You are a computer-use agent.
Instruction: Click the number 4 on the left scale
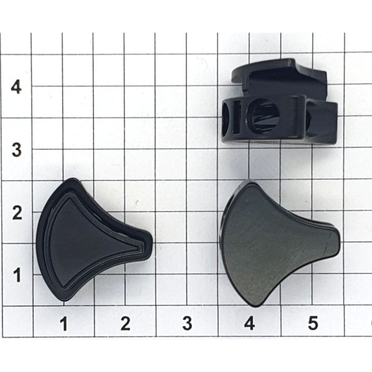pos(16,87)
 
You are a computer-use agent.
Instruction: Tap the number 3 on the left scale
pos(16,150)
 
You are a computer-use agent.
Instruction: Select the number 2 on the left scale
pos(17,213)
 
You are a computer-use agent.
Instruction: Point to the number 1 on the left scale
pos(18,275)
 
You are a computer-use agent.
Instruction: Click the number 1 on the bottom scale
pos(64,324)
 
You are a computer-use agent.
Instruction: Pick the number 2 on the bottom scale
pos(125,324)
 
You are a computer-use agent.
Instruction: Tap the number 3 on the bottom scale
pos(187,324)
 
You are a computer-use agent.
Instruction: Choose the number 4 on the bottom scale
pos(249,324)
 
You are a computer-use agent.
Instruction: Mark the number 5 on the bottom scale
pos(312,324)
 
